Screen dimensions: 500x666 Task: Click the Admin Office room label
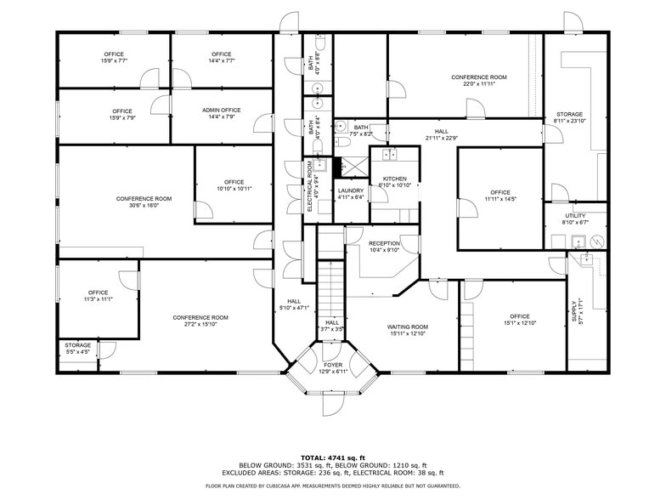221,111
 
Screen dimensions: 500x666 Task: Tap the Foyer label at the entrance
333,365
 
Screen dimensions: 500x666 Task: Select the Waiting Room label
408,327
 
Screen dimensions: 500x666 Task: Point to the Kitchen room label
394,179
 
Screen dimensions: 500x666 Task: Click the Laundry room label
350,190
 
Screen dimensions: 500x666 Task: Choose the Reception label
384,243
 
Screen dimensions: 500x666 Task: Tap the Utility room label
575,216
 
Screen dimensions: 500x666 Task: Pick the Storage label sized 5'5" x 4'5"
77,345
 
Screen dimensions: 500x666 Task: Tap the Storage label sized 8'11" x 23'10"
570,114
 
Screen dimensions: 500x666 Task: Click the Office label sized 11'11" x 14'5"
499,192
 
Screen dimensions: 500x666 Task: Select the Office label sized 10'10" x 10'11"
234,182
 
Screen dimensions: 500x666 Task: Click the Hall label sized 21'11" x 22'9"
441,131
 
